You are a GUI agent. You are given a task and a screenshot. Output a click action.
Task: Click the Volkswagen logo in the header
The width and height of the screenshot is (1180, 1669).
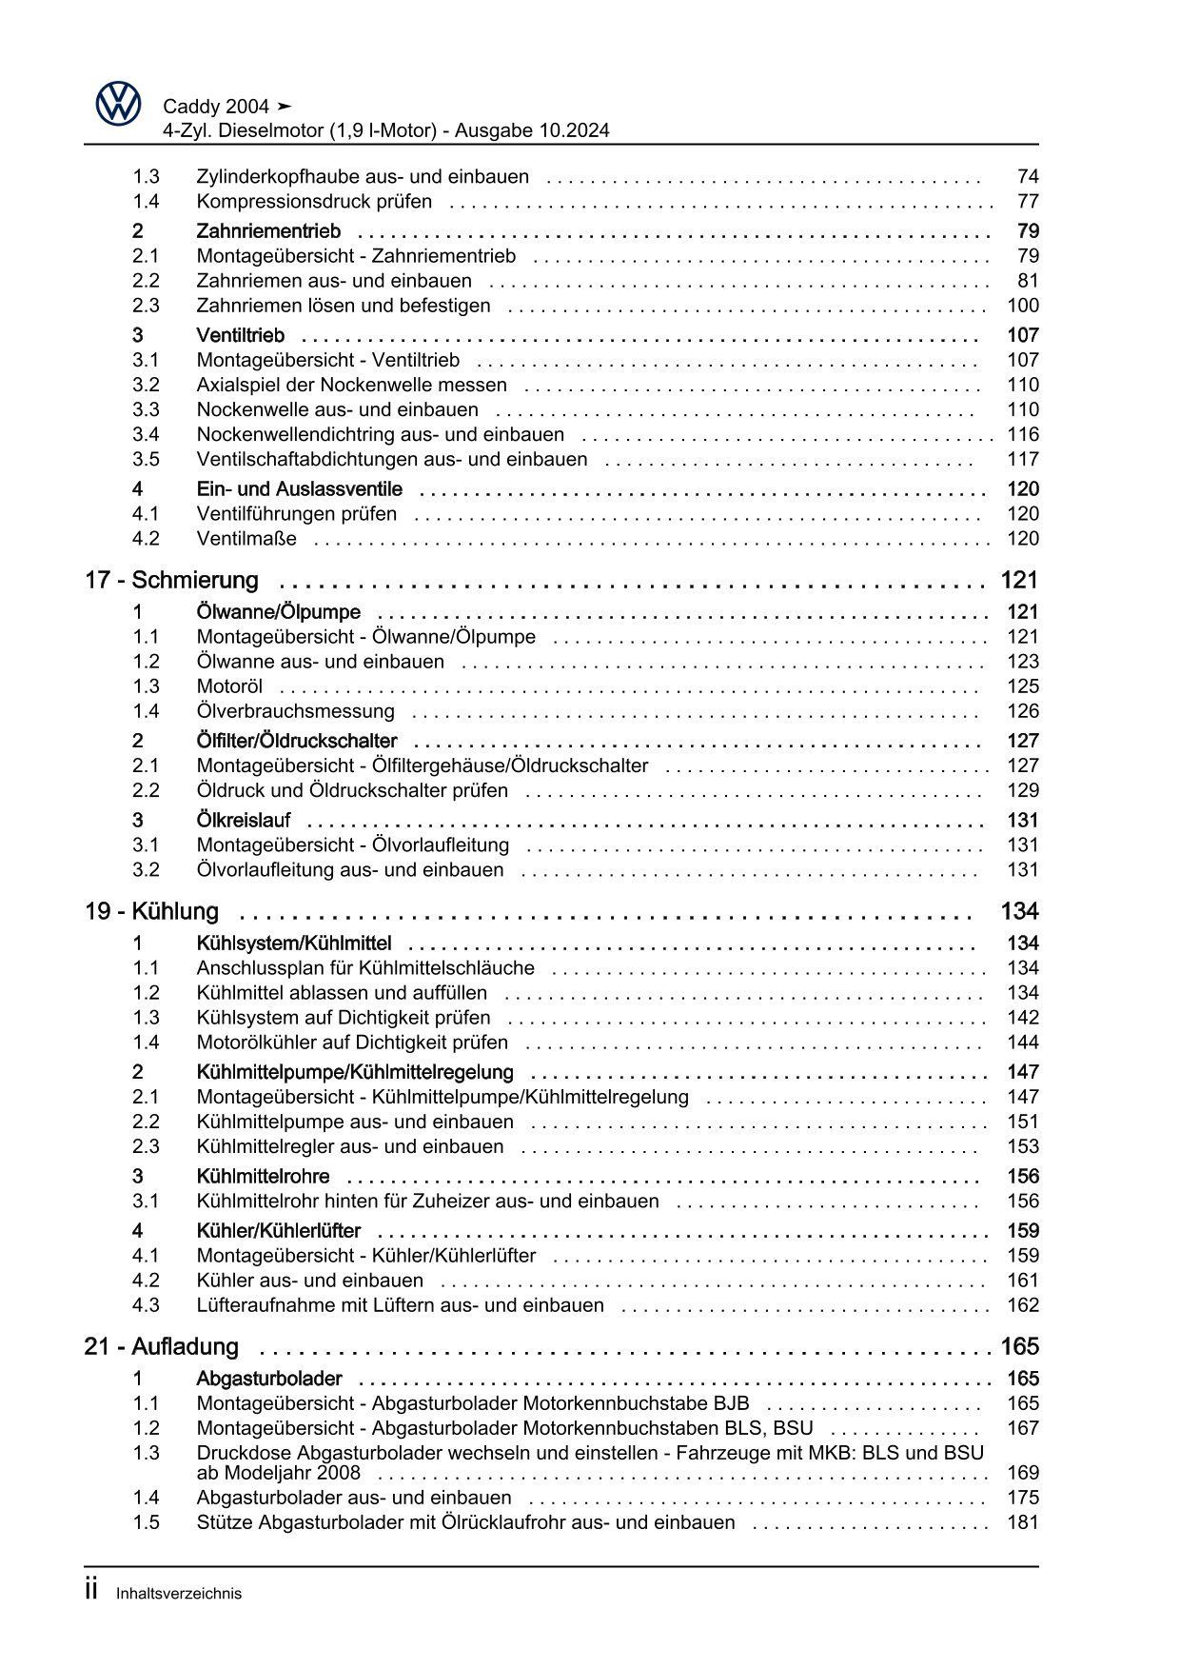coord(118,104)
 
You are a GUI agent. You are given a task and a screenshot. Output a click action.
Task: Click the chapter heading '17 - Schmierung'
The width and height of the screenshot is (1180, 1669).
coord(171,580)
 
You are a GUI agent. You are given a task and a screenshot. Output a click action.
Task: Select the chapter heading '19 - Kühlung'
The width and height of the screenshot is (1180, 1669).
coord(151,911)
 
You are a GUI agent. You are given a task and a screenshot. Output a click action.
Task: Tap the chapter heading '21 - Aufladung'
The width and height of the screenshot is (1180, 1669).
coord(161,1346)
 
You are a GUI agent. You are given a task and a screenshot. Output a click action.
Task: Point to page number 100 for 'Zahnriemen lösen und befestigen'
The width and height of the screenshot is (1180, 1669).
coord(1022,306)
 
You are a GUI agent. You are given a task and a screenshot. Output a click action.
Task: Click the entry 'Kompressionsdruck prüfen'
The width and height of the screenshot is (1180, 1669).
coord(314,202)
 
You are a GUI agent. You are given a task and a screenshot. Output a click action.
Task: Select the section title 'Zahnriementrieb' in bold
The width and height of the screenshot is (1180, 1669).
coord(268,231)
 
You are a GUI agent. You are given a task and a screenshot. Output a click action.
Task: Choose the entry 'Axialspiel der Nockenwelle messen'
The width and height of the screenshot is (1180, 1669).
coord(351,385)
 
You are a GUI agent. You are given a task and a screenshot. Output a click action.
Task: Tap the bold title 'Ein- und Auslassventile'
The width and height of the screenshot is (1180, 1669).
coord(299,489)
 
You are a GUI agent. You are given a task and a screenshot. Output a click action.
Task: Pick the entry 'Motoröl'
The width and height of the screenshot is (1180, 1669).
coord(229,686)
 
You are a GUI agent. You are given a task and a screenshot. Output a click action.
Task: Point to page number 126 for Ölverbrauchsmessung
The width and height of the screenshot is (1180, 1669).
coord(1022,711)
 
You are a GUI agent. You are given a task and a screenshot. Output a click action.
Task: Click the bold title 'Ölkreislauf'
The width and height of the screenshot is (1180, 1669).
coord(244,821)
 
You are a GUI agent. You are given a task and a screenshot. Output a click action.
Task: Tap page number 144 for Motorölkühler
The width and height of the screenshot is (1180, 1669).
coord(1022,1043)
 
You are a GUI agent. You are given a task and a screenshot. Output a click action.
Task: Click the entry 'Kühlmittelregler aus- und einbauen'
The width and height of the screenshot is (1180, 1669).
coord(349,1146)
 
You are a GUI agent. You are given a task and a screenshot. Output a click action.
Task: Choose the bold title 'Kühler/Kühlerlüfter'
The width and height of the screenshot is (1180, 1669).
coord(278,1231)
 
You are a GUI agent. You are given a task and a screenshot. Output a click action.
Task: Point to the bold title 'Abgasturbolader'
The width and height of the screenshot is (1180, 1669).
coord(268,1379)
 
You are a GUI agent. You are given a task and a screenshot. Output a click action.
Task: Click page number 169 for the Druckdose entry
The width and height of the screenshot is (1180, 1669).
coord(1022,1473)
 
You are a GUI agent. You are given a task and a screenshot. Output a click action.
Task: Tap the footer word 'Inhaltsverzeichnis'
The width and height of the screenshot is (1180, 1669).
coord(179,1593)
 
